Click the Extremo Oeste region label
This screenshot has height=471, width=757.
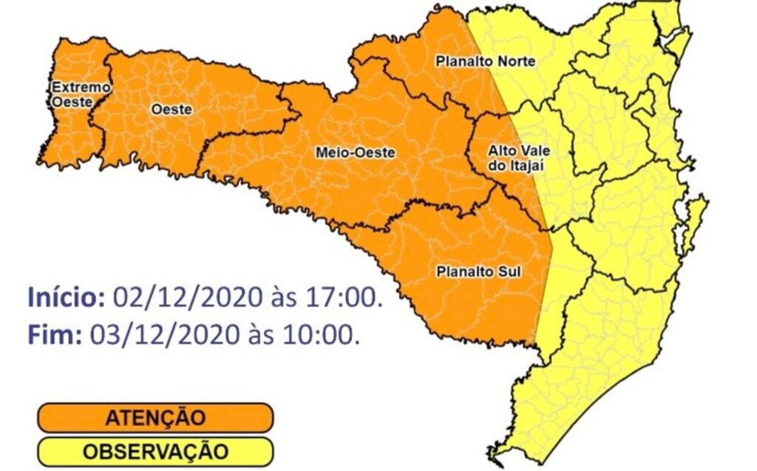coord(72,95)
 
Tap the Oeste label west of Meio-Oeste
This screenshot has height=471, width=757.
coord(171,109)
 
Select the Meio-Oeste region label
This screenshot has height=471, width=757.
coord(355,153)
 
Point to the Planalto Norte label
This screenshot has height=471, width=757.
coord(485,61)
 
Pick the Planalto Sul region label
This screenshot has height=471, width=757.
coord(478,271)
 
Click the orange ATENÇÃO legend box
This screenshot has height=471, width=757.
coord(155,417)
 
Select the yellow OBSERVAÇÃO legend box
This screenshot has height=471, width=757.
coord(155,451)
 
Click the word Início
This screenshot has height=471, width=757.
coord(67,298)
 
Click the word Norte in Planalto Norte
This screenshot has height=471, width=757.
coord(517,61)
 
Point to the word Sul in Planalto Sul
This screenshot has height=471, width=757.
coord(509,271)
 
